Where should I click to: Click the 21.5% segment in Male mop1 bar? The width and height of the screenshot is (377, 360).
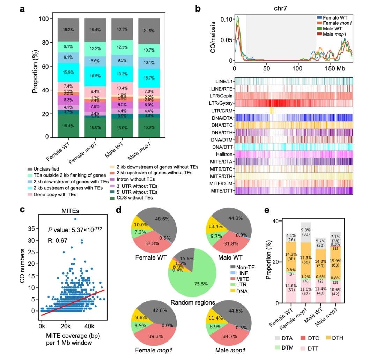point(149,31)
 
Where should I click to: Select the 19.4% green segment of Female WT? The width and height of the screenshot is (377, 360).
point(68,126)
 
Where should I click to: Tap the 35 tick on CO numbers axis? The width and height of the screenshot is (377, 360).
point(35,228)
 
